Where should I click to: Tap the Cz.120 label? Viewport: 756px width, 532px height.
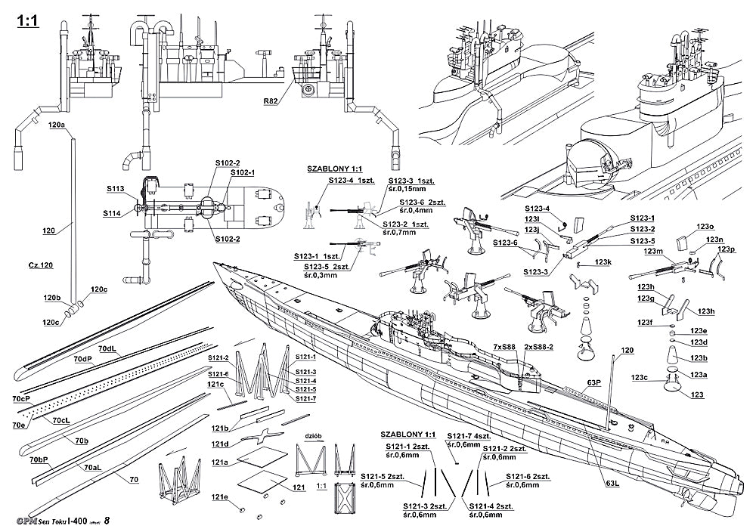41,265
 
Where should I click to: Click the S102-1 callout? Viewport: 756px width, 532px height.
242,172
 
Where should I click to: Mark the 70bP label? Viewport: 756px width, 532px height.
39,459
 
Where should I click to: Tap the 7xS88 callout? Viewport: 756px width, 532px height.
504,345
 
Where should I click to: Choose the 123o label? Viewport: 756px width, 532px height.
705,226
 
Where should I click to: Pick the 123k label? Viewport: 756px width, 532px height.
602,261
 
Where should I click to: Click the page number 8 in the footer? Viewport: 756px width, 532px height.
107,521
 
